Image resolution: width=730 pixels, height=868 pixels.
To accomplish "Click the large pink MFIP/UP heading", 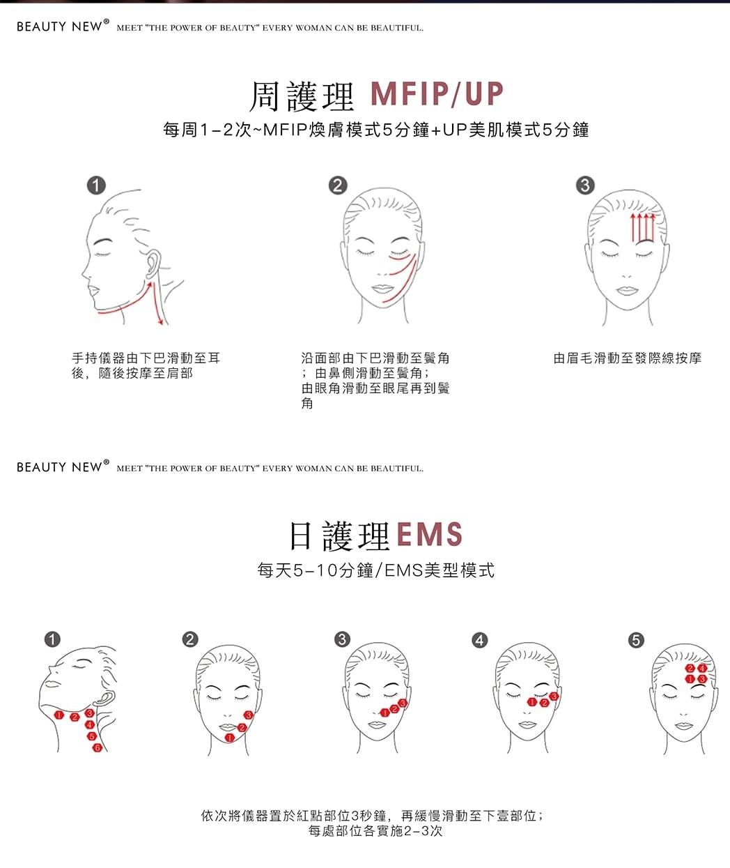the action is point(437,93).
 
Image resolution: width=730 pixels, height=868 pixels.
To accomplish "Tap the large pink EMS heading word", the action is point(429,534).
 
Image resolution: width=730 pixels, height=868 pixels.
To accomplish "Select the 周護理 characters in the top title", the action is point(302,96).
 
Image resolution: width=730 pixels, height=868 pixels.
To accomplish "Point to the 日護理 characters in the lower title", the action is point(339,536).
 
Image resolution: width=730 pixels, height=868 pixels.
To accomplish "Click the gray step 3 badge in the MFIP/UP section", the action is point(585,185).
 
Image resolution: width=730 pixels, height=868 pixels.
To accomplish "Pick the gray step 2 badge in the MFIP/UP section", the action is point(338,185).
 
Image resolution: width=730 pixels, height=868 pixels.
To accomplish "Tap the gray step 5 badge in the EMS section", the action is point(636,640).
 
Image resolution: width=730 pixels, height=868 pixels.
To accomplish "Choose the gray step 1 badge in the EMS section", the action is point(52,639).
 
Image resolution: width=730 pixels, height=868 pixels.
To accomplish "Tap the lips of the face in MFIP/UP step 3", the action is point(626,290).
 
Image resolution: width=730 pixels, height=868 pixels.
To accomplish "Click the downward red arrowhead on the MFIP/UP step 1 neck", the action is point(160,322).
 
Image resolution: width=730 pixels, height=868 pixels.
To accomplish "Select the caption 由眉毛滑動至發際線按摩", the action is point(628,358).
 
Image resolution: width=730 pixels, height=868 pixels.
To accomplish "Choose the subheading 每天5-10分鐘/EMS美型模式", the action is point(375,570).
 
